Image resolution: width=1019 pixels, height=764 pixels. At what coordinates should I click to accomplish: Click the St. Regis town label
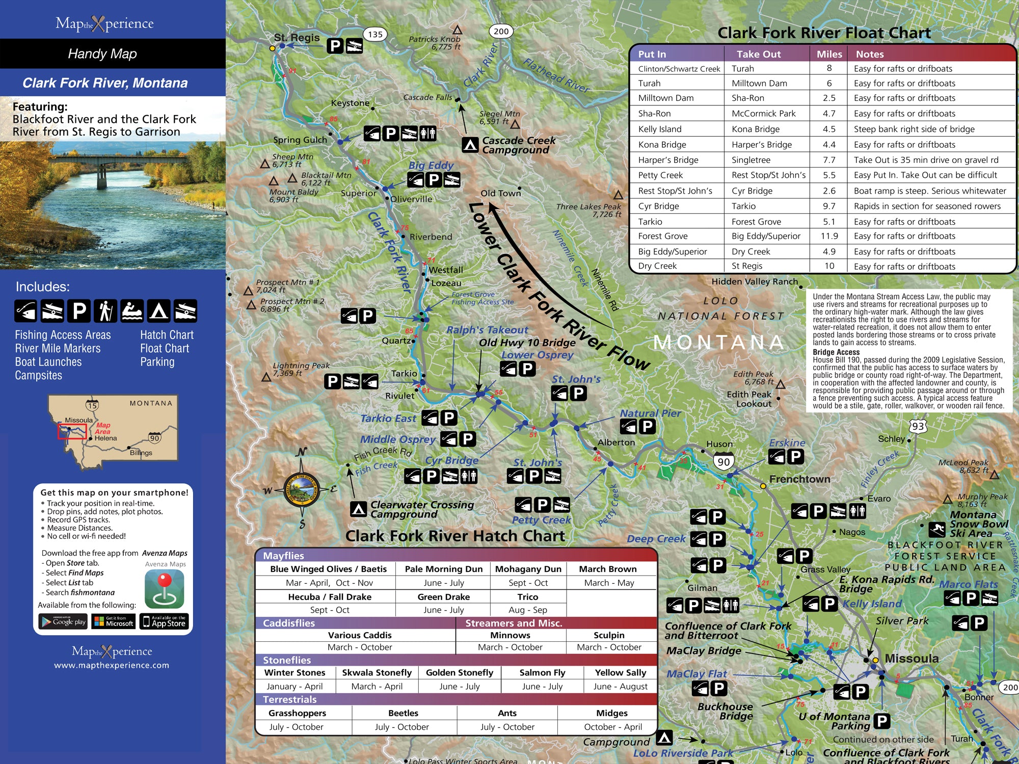[297, 38]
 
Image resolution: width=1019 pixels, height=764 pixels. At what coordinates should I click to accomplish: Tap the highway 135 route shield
[375, 35]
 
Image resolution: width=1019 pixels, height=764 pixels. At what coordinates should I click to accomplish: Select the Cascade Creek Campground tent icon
[470, 145]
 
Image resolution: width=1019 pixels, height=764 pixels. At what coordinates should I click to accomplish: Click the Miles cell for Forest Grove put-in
[829, 236]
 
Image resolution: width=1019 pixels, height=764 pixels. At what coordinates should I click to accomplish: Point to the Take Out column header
[758, 54]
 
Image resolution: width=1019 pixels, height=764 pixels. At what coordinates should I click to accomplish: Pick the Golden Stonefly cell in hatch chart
[459, 673]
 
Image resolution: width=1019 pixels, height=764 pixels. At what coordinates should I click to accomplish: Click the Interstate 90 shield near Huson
[723, 461]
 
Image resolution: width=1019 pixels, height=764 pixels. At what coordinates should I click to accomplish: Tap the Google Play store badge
[64, 621]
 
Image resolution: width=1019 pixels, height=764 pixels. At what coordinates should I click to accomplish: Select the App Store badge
[164, 621]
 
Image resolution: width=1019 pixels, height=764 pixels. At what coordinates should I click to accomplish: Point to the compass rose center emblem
[301, 490]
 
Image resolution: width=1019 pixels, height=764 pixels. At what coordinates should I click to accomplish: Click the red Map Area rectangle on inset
[72, 431]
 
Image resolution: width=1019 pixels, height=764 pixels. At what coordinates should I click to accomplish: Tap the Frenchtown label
[799, 479]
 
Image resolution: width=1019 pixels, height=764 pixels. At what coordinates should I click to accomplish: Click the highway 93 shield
[918, 426]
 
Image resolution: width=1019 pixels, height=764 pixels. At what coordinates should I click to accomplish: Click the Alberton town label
[616, 443]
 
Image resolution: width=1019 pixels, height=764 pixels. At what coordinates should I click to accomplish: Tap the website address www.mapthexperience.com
[112, 665]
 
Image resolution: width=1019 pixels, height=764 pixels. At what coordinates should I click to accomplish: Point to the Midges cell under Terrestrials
[611, 714]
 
